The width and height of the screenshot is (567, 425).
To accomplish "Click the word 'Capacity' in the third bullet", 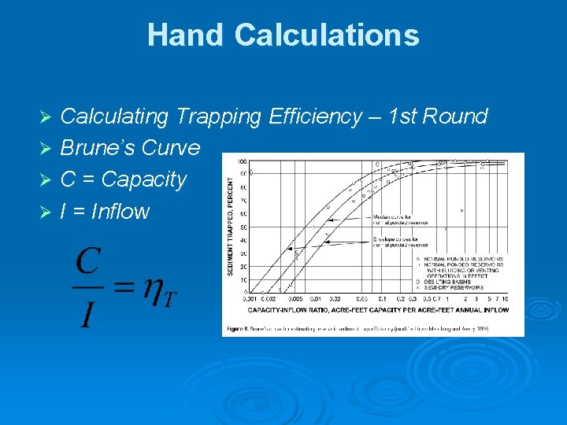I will tap(144, 179).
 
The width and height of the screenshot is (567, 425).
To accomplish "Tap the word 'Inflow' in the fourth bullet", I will tap(120, 211).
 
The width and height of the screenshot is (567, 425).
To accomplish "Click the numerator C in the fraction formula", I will tap(88, 261).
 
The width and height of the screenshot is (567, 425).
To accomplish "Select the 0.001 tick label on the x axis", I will tap(249, 300).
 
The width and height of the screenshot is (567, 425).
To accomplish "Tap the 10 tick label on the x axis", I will tap(504, 300).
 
